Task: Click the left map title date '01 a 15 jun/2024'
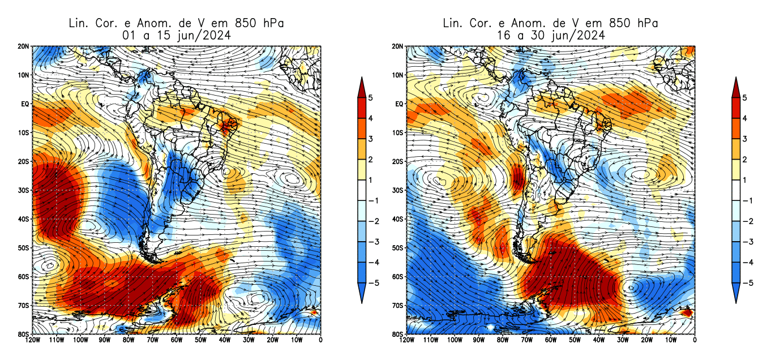[x=175, y=35]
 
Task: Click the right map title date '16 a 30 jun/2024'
[x=550, y=35]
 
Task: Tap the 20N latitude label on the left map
[x=24, y=46]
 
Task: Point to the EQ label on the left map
[x=25, y=104]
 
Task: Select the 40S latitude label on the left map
[x=24, y=219]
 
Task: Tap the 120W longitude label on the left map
[x=32, y=340]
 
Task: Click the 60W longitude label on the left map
[x=177, y=340]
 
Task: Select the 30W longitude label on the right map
[x=623, y=340]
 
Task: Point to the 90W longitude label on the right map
[x=478, y=340]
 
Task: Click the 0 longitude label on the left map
[x=320, y=340]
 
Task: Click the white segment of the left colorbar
[x=361, y=190]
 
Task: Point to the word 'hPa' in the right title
[x=646, y=23]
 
